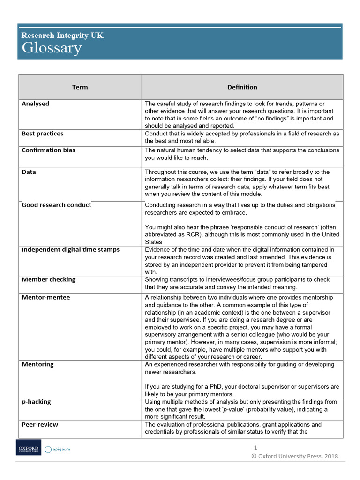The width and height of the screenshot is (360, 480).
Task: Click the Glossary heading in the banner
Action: click(52, 48)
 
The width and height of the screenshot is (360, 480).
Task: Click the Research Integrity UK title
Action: click(62, 35)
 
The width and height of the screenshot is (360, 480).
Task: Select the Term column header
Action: click(80, 87)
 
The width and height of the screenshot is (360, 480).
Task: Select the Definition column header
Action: click(242, 87)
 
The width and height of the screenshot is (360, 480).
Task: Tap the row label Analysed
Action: click(35, 104)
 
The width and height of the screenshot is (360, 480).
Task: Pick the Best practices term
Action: click(42, 134)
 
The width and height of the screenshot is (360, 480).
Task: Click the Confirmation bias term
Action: click(48, 150)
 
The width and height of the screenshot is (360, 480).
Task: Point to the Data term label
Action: click(29, 172)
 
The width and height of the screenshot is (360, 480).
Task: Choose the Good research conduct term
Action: click(56, 205)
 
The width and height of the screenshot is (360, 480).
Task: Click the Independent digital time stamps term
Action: click(70, 250)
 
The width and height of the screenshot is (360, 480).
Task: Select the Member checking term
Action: click(48, 280)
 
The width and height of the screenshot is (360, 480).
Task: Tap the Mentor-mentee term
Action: click(45, 298)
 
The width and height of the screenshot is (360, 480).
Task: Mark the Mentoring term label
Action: click(37, 364)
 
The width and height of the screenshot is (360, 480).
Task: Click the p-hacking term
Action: click(36, 402)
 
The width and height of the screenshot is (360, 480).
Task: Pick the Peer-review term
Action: click(40, 425)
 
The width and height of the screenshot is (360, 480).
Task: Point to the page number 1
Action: click(255, 448)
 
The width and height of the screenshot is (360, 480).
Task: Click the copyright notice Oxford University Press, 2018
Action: click(294, 456)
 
